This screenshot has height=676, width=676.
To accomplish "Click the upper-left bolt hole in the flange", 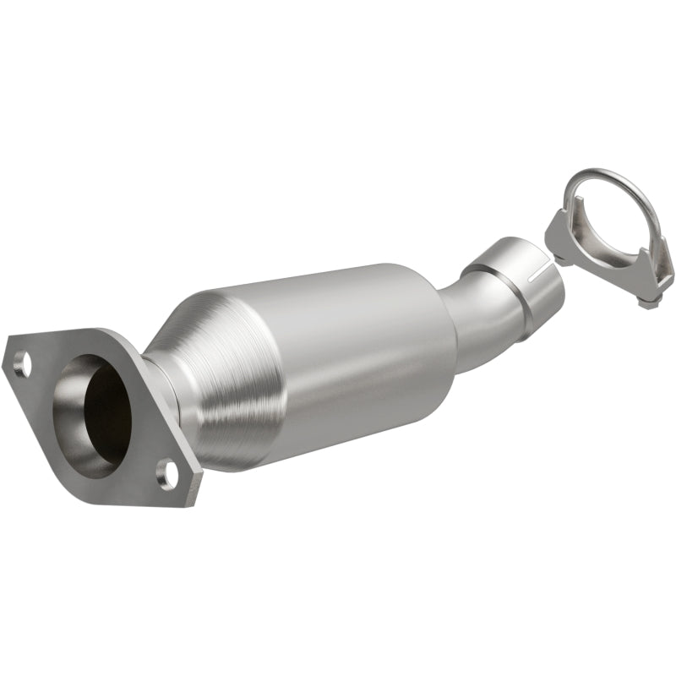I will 23,364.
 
